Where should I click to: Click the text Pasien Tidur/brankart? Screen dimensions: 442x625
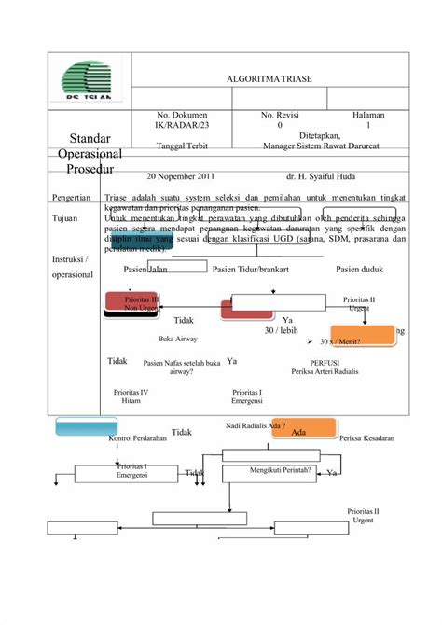tap(249, 270)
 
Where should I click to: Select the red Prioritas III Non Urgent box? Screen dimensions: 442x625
tap(131, 302)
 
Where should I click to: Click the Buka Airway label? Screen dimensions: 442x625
tap(177, 340)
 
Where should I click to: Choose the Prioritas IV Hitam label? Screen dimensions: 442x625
tap(131, 396)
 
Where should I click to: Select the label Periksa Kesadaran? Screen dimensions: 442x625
tap(367, 437)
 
